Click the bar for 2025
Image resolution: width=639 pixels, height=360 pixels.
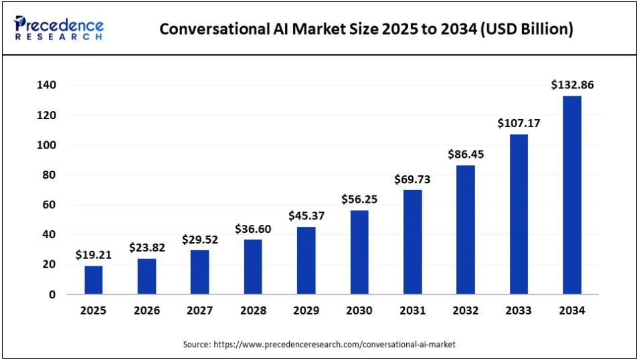click(x=94, y=280)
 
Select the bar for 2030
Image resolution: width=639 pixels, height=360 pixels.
click(x=359, y=252)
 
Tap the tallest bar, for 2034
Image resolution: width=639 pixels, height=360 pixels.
click(x=572, y=195)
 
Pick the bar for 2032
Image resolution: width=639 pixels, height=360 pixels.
click(x=466, y=230)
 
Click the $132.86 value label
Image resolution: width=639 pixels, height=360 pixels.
click(x=572, y=85)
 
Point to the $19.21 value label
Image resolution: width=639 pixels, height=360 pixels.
click(x=94, y=255)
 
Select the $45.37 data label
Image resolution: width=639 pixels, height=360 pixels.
click(x=306, y=215)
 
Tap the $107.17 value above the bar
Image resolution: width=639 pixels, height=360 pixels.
click(x=519, y=123)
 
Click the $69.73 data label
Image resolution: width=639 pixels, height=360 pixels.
click(x=413, y=179)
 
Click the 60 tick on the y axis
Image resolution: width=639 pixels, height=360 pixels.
click(x=50, y=205)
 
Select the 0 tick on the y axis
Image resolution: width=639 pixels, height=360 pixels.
click(x=53, y=294)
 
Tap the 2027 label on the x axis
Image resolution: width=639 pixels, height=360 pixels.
click(x=199, y=310)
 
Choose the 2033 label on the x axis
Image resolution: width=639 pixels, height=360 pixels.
click(x=519, y=310)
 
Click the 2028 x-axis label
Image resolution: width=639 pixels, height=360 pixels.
click(x=253, y=310)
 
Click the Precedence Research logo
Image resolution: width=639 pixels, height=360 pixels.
click(x=59, y=29)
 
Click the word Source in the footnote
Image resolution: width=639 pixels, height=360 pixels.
click(x=196, y=344)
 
